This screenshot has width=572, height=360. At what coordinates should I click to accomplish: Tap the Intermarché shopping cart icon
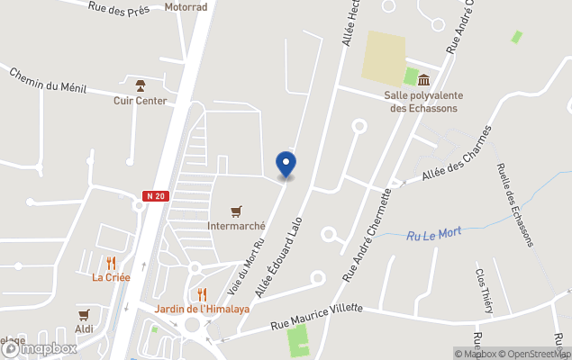(x=237, y=211)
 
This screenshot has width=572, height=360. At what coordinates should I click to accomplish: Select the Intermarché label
(x=236, y=226)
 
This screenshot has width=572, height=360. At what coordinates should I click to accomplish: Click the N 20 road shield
(x=155, y=195)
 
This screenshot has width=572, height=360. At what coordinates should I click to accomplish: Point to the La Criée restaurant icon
(x=111, y=263)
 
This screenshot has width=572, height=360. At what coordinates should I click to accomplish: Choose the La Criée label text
(x=111, y=277)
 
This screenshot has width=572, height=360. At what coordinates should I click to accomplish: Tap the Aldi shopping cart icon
(x=84, y=315)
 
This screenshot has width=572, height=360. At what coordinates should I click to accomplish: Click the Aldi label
(x=84, y=329)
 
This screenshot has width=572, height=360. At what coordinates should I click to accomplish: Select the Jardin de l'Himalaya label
(x=202, y=309)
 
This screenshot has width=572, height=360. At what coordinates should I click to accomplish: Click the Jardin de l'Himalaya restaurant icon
(x=202, y=294)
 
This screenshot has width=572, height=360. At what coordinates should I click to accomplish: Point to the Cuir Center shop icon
(x=140, y=85)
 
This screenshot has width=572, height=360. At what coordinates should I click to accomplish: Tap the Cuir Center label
(x=140, y=101)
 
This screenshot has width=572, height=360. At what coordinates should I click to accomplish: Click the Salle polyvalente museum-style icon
(x=422, y=80)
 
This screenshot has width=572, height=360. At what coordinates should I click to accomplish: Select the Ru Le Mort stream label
(x=433, y=233)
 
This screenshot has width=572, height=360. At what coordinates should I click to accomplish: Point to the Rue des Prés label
(x=118, y=7)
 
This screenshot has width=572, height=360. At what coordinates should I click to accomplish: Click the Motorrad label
(x=186, y=6)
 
